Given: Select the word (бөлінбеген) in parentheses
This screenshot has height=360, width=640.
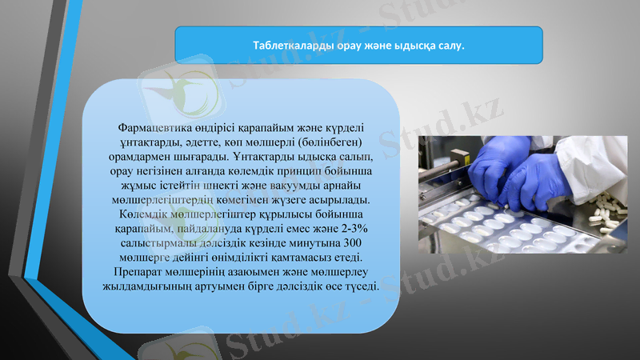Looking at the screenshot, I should tap(330, 142).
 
